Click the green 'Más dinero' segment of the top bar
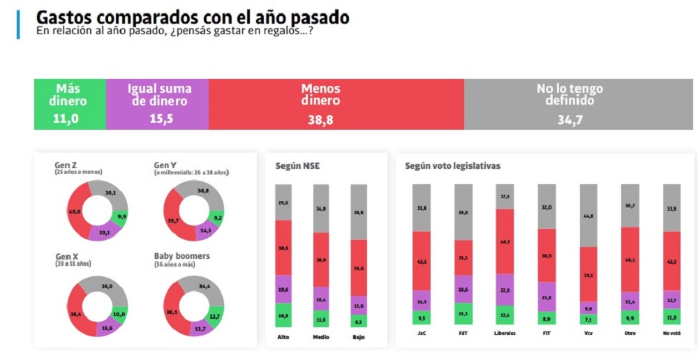(70, 104)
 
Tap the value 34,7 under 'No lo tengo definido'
(570, 120)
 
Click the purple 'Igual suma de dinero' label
(157, 95)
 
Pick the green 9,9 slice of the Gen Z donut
(121, 217)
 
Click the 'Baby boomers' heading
(181, 256)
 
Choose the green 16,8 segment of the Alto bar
(283, 315)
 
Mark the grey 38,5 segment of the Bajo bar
(359, 212)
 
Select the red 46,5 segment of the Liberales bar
(505, 241)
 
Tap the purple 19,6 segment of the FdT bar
(463, 289)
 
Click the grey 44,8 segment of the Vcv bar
(589, 216)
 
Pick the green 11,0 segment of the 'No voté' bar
(671, 317)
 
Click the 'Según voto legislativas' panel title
(452, 166)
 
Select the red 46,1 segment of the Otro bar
(630, 259)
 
